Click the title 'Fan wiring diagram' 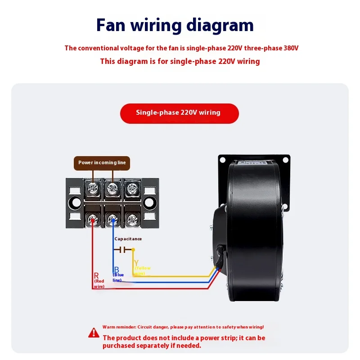(175, 25)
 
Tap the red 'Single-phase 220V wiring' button (179, 113)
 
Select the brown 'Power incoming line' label (102, 162)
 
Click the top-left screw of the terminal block (93, 188)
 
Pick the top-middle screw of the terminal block (112, 188)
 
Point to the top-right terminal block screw (131, 188)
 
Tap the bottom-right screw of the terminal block (131, 220)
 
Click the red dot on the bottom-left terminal (93, 220)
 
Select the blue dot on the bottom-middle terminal (112, 220)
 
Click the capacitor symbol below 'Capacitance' (122, 249)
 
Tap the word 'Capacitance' (128, 239)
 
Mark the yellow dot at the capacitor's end (133, 249)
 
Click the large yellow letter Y (136, 262)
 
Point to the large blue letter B (116, 269)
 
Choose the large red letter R (96, 275)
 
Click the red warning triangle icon (94, 333)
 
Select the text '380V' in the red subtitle (291, 48)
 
